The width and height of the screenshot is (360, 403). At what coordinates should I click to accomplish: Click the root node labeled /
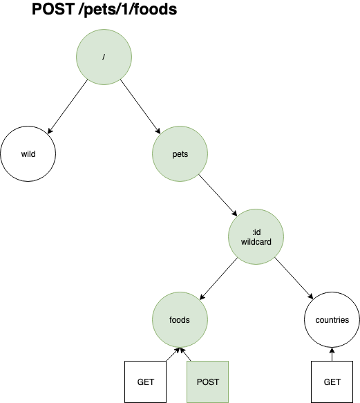[104, 57]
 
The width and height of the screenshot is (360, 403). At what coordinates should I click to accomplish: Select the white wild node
[28, 153]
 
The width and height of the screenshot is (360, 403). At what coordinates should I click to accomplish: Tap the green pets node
[180, 153]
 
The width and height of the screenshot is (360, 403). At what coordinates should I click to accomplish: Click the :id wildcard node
[256, 237]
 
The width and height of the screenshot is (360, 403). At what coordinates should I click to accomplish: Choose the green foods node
[180, 320]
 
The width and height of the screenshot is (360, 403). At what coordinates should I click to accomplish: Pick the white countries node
[332, 320]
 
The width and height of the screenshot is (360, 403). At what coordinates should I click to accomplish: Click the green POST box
[207, 382]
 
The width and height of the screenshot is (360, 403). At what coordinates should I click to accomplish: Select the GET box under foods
[146, 382]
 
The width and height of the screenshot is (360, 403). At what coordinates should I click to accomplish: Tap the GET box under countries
[332, 382]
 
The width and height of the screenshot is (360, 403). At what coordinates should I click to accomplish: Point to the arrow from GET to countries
[332, 355]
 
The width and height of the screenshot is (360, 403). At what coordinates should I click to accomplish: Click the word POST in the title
[55, 11]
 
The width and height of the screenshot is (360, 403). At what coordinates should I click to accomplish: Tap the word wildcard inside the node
[256, 243]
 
